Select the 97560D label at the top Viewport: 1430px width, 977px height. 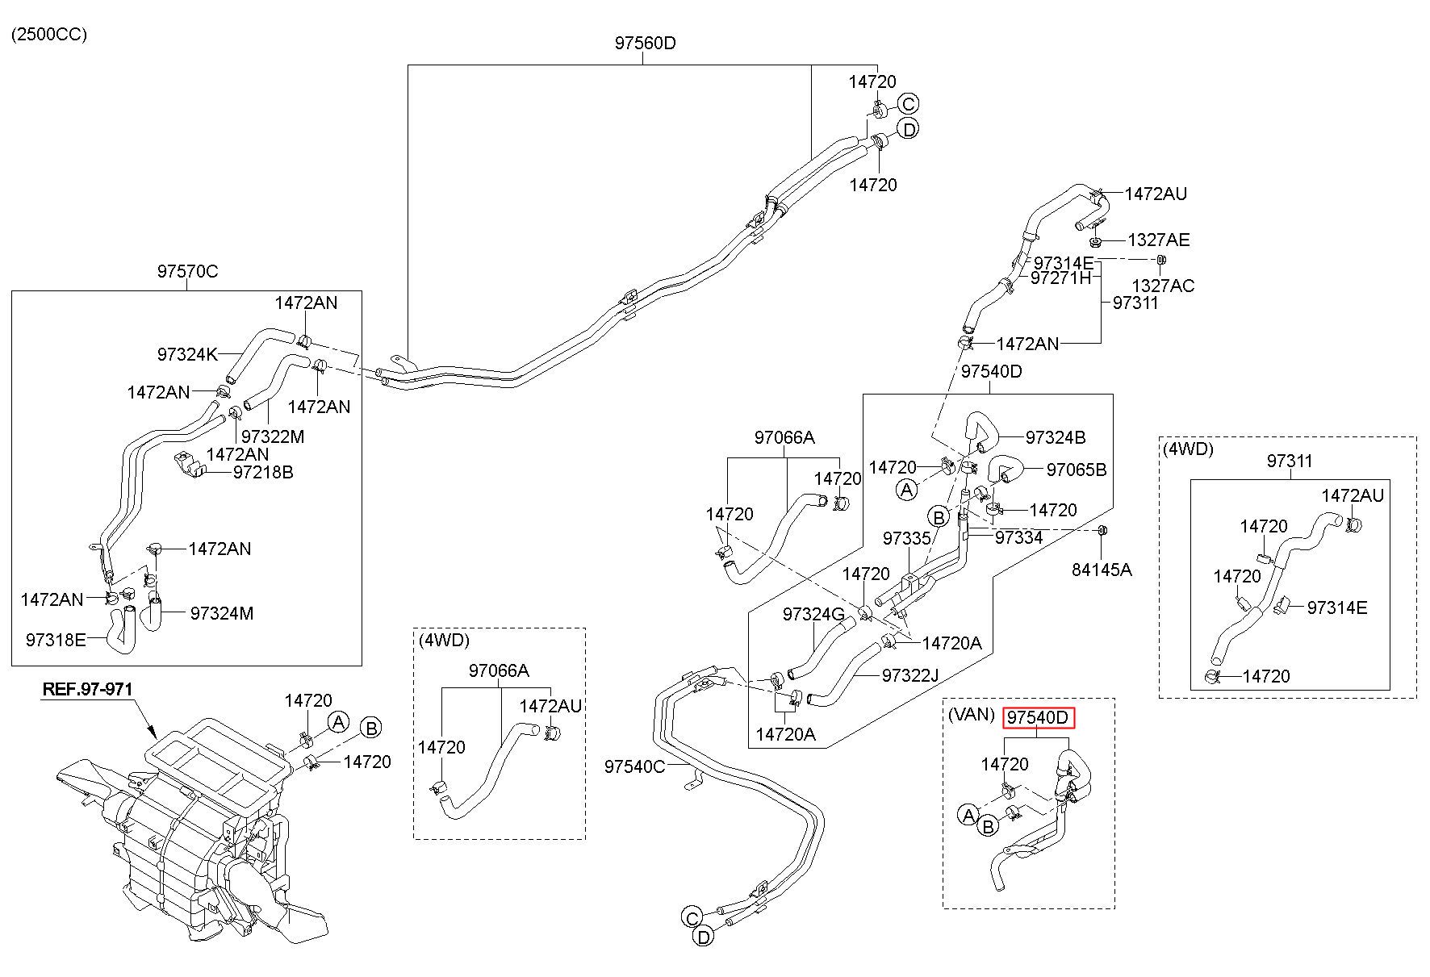pos(645,44)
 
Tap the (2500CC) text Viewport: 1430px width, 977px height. pos(48,34)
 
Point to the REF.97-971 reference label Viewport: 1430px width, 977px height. pos(87,689)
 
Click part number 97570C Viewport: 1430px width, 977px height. pos(187,271)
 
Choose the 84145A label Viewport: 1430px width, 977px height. pos(1102,570)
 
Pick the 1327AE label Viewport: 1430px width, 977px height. pos(1159,240)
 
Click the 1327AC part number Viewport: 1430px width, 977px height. pos(1163,286)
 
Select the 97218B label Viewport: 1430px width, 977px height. pos(263,472)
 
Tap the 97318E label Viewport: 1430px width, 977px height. pos(56,640)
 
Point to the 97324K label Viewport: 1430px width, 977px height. pos(187,354)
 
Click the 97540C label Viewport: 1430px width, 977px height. pos(634,766)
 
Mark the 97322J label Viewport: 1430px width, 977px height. pos(910,674)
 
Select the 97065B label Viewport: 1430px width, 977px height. pos(1077,470)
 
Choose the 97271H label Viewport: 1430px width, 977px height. pos(1060,278)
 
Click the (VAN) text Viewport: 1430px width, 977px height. pos(972,715)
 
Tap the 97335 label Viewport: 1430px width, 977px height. pos(907,538)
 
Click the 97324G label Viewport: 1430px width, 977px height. pos(813,615)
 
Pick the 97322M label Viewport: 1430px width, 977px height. pos(273,436)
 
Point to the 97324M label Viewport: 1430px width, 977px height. pos(222,613)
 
